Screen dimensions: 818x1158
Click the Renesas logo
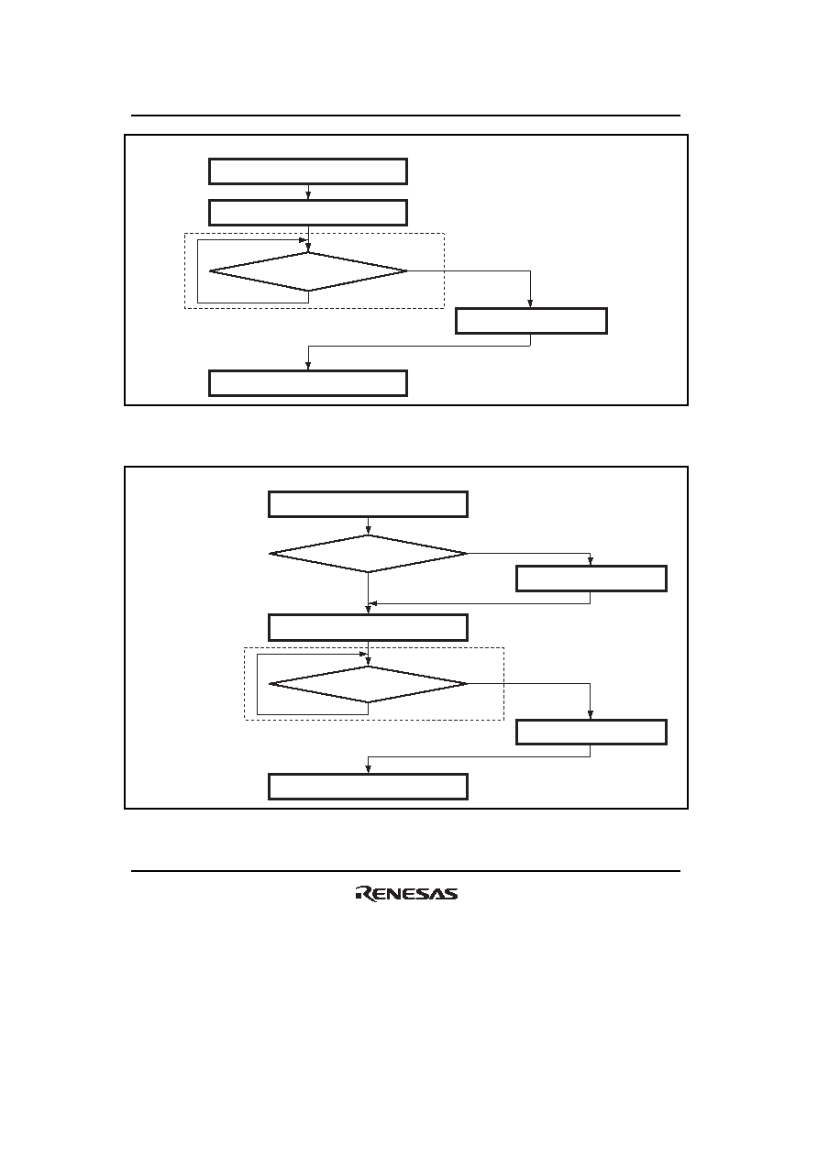406,894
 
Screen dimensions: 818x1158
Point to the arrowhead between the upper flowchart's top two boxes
308,196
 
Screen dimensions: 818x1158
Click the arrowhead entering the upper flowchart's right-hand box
531,304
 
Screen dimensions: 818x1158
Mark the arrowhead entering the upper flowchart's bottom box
308,366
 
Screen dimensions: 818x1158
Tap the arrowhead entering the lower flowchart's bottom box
368,769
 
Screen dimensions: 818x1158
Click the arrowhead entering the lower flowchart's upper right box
591,562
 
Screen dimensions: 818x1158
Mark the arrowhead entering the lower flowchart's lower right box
591,715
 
